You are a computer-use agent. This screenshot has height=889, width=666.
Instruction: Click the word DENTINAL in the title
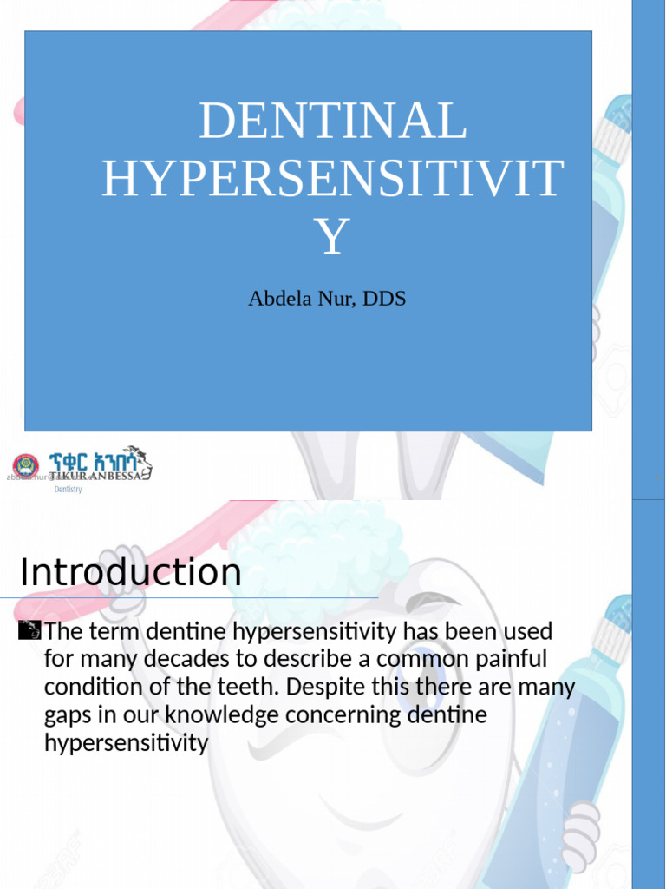(332, 122)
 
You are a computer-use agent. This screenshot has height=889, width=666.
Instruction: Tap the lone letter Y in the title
(332, 236)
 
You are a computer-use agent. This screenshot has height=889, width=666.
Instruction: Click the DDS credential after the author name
(384, 299)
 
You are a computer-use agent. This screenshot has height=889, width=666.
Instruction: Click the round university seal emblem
(26, 466)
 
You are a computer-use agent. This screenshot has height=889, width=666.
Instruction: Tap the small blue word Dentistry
(69, 490)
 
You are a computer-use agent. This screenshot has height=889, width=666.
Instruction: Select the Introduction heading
(130, 573)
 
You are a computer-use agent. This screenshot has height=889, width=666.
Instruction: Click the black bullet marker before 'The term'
(29, 630)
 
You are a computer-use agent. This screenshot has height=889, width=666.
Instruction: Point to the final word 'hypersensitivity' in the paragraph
(126, 744)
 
